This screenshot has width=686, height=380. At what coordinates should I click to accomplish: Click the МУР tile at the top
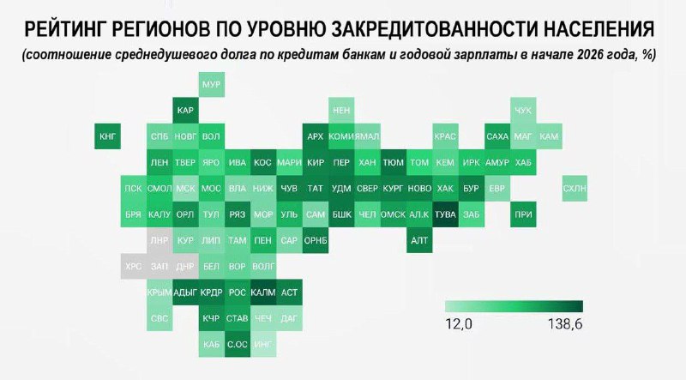(x=211, y=84)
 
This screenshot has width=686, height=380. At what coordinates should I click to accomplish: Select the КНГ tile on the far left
(x=107, y=136)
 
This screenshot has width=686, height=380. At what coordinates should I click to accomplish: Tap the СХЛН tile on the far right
(x=575, y=189)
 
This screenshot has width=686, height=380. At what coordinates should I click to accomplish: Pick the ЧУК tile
(x=523, y=111)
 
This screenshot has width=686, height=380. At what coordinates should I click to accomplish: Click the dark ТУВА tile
(x=445, y=215)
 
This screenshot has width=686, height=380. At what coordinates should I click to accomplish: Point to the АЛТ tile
(x=419, y=241)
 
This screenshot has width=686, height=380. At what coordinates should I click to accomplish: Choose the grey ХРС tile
(x=133, y=267)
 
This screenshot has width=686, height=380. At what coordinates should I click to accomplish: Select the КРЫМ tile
(x=159, y=293)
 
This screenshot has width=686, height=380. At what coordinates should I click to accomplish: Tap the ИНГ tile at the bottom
(x=264, y=345)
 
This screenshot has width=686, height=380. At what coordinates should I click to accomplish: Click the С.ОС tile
(x=238, y=345)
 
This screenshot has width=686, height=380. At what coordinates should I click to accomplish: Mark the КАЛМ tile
(x=263, y=293)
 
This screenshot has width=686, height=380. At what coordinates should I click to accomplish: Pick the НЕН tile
(x=341, y=111)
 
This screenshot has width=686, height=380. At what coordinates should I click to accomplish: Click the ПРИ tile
(x=523, y=215)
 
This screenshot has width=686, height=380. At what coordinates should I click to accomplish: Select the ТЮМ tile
(x=394, y=163)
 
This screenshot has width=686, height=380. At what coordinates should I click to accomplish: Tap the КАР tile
(x=185, y=111)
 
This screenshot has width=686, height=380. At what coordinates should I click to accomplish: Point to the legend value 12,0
(x=460, y=324)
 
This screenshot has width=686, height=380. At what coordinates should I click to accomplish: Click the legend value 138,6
(x=564, y=324)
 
